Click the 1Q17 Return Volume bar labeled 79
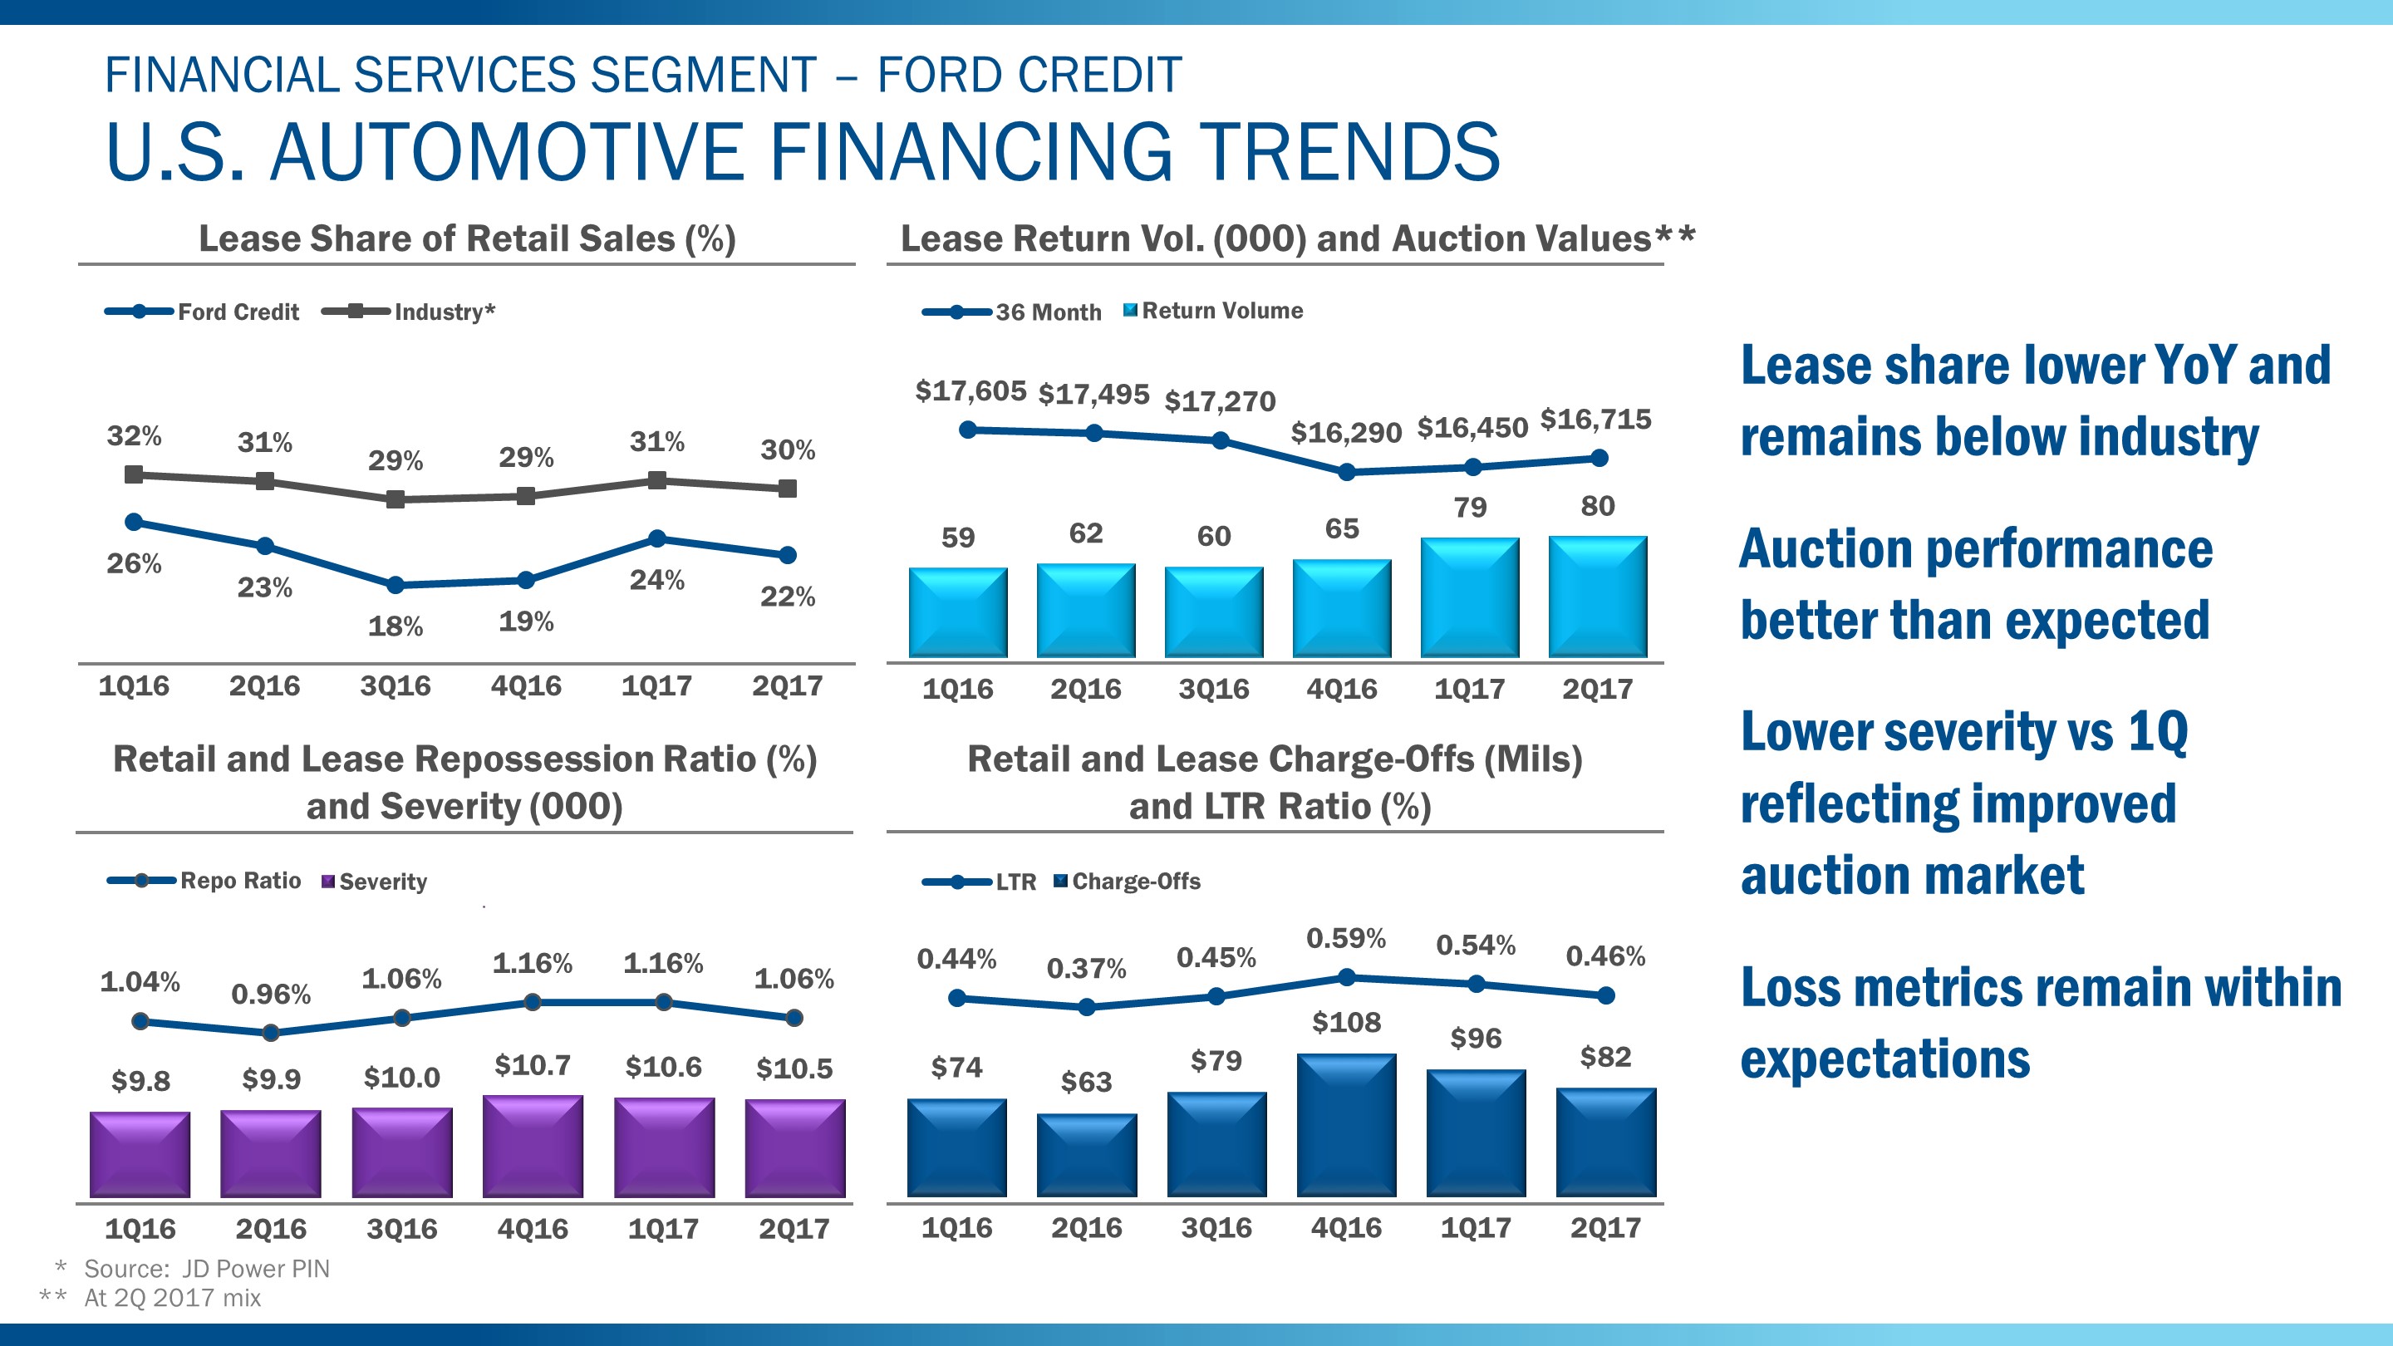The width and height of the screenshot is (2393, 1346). (x=1470, y=597)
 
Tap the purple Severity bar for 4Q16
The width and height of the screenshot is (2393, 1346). (x=533, y=1147)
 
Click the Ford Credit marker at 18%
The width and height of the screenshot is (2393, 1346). (x=395, y=585)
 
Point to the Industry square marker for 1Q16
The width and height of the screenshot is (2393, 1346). (x=134, y=474)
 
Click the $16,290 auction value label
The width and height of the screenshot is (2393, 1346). (x=1345, y=433)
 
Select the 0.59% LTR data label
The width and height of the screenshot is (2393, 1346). (x=1345, y=938)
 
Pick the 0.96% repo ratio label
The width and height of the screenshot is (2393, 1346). (x=270, y=995)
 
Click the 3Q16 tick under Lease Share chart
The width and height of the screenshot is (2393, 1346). (x=395, y=686)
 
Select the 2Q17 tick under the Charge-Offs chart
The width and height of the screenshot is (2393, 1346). (x=1604, y=1228)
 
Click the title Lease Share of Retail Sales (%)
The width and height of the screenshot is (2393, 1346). (x=466, y=238)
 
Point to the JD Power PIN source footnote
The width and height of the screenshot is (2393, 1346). (x=205, y=1269)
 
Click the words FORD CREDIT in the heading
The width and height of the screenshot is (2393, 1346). (x=1029, y=76)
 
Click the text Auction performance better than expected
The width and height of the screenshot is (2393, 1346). (x=1974, y=583)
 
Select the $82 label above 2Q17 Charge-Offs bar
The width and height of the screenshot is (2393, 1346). (x=1604, y=1057)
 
